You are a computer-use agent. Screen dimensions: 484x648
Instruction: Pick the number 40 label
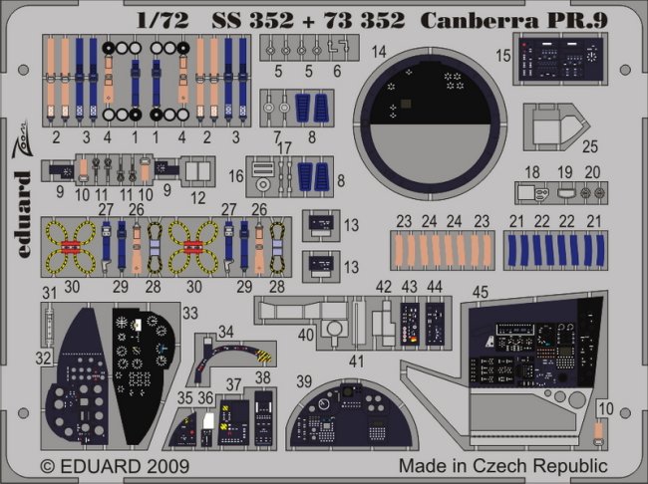[x=306, y=336]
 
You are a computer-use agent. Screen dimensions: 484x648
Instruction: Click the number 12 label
[x=197, y=198]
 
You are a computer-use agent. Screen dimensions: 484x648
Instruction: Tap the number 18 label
[x=532, y=172]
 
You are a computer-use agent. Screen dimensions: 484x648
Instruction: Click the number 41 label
[x=356, y=359]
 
